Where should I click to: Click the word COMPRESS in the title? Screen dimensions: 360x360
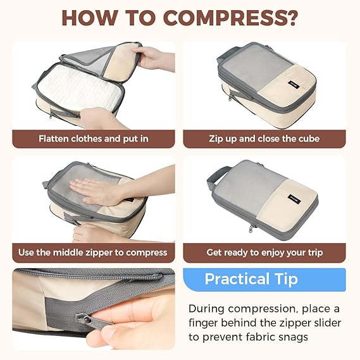[224, 18]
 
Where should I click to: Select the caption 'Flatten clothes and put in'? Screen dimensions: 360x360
[93, 139]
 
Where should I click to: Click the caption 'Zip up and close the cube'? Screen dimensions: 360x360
[264, 139]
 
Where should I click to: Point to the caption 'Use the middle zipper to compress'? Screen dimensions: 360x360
[93, 252]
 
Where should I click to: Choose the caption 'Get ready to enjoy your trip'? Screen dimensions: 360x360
[264, 252]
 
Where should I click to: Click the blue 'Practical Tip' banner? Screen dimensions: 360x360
[264, 280]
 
